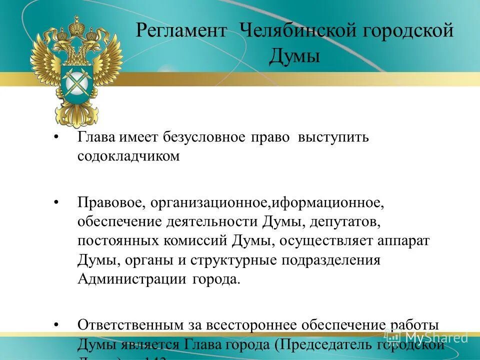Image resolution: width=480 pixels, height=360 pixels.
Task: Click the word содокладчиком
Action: [x=128, y=156]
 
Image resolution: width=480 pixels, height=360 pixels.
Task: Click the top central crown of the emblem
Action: [x=76, y=25]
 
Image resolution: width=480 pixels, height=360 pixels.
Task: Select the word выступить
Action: [x=333, y=137]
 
